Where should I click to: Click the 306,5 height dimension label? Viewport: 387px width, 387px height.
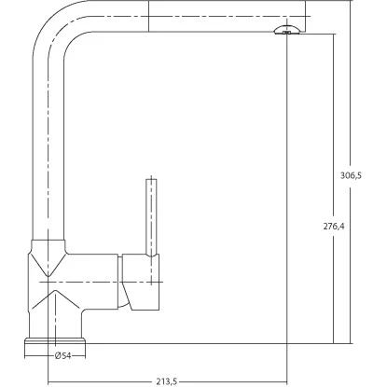click(351, 175)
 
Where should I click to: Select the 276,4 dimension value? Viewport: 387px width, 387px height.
click(334, 227)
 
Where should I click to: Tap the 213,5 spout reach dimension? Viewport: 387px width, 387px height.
click(167, 381)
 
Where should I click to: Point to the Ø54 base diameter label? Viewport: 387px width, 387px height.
click(62, 355)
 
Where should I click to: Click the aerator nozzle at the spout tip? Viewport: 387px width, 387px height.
click(287, 29)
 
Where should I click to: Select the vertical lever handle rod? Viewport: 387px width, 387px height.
click(151, 217)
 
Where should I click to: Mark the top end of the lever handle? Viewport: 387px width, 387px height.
click(151, 179)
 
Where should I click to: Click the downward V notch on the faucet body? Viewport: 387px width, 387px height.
click(48, 264)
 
